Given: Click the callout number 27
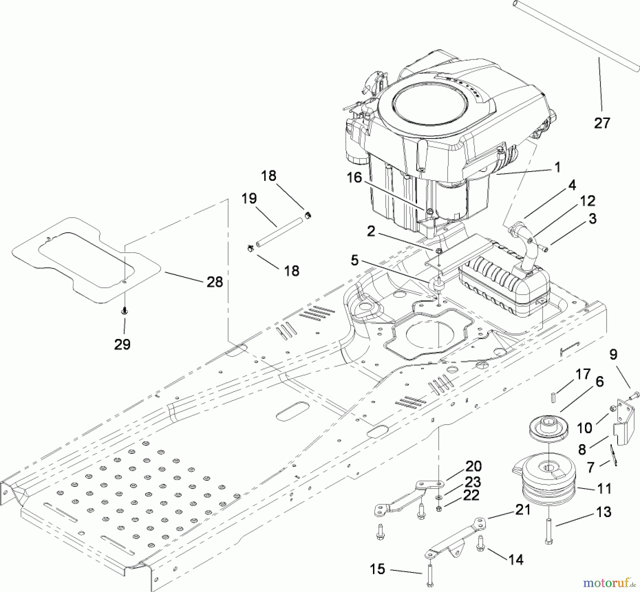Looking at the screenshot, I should click(602, 123).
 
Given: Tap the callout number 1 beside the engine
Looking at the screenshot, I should click(558, 167).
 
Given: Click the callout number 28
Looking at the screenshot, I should click(215, 282).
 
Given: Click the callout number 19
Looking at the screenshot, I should click(249, 198).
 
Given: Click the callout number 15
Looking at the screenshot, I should click(377, 569).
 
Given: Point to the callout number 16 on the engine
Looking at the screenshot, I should click(354, 177).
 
